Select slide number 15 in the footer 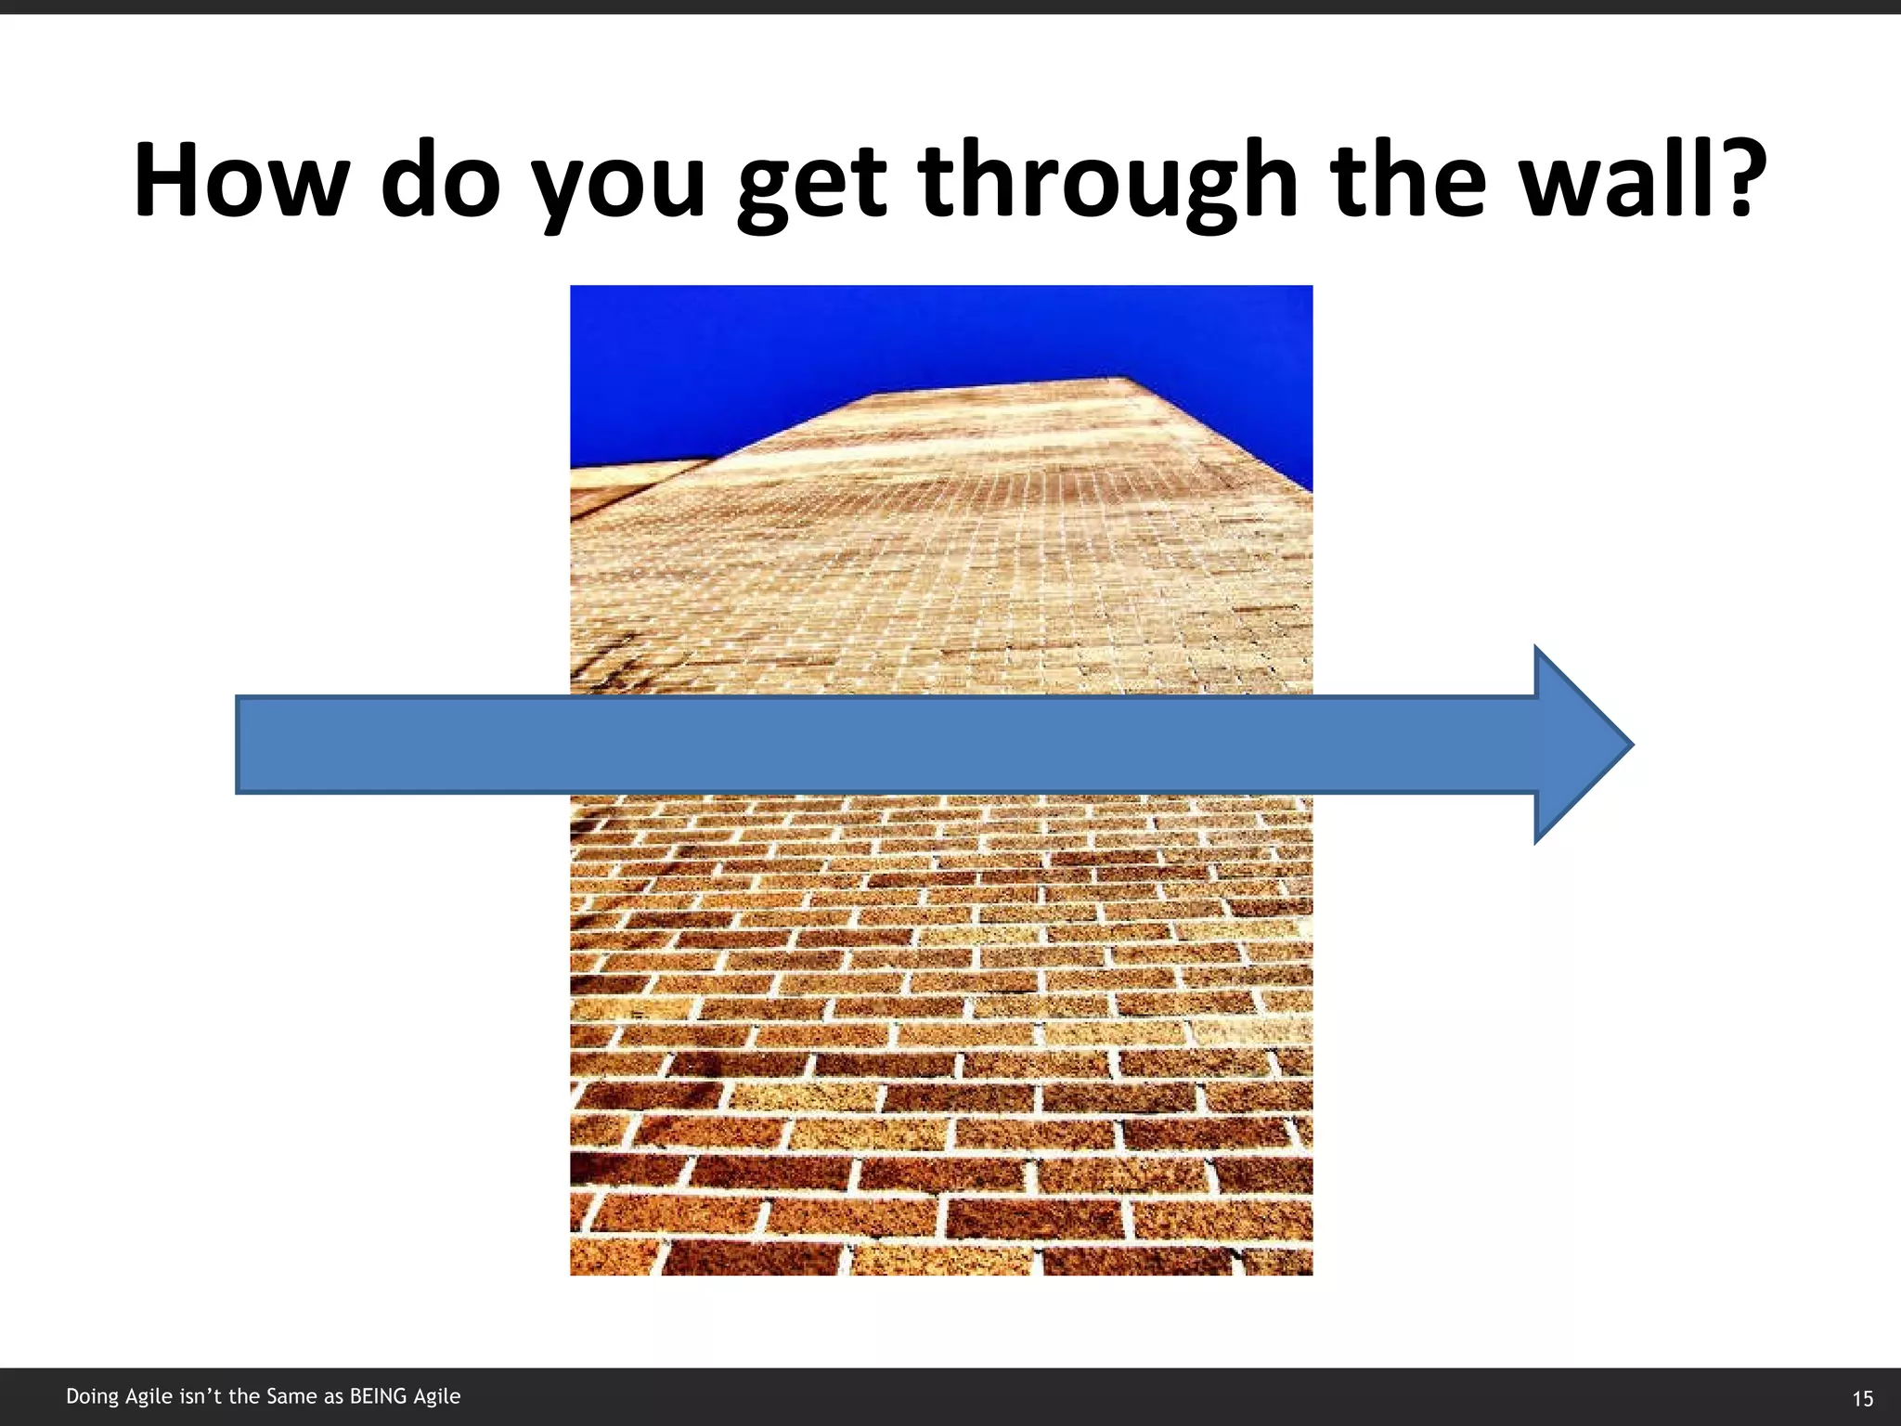pos(1862,1398)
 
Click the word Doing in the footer pos(92,1397)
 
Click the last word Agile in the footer pos(436,1397)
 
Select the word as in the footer pos(333,1396)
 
